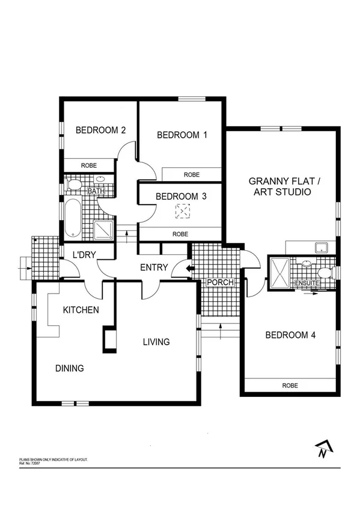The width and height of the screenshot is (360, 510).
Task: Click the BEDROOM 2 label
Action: [x=100, y=130]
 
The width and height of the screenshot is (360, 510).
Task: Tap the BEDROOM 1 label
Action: [x=182, y=135]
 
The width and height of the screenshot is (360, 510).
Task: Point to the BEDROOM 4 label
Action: [x=290, y=336]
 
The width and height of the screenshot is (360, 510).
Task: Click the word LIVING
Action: [x=156, y=342]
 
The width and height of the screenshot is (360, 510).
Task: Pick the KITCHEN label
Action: [x=81, y=310]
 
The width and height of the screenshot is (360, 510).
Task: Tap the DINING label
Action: [x=69, y=368]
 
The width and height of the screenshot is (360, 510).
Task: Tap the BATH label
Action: [x=96, y=191]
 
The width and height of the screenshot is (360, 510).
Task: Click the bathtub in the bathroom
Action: [x=72, y=216]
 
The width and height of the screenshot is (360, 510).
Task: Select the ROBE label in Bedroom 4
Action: [x=290, y=386]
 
